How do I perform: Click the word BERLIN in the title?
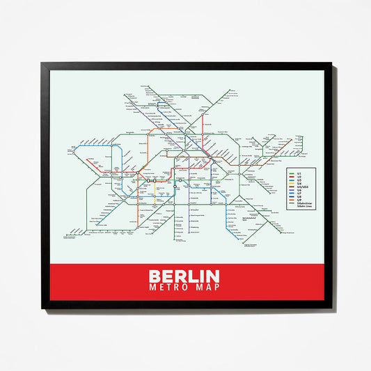[x=184, y=276]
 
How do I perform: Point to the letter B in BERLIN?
[x=155, y=276]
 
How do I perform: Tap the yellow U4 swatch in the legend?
[x=291, y=182]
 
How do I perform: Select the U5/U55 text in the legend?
[x=302, y=187]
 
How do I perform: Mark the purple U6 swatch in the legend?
[x=291, y=191]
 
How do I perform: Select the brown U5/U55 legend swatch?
[x=291, y=187]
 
